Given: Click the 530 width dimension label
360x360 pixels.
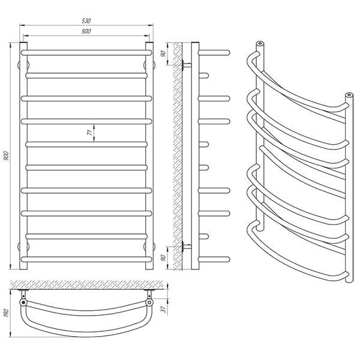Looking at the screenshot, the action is [86, 20].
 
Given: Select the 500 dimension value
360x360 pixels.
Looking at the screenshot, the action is [86, 31].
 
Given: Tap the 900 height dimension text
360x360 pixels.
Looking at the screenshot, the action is [6, 155].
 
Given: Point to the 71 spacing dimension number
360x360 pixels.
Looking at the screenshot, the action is [90, 132].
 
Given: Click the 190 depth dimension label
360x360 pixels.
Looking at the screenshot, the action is [6, 313].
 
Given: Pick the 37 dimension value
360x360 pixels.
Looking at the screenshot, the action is [163, 310].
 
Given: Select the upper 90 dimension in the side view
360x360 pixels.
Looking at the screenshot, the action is [163, 54].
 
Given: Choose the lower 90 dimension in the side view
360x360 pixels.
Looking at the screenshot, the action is [163, 257].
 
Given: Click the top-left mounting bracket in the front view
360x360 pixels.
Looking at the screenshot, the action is [23, 65].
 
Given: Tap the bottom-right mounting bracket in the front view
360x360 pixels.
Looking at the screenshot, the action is [149, 247].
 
